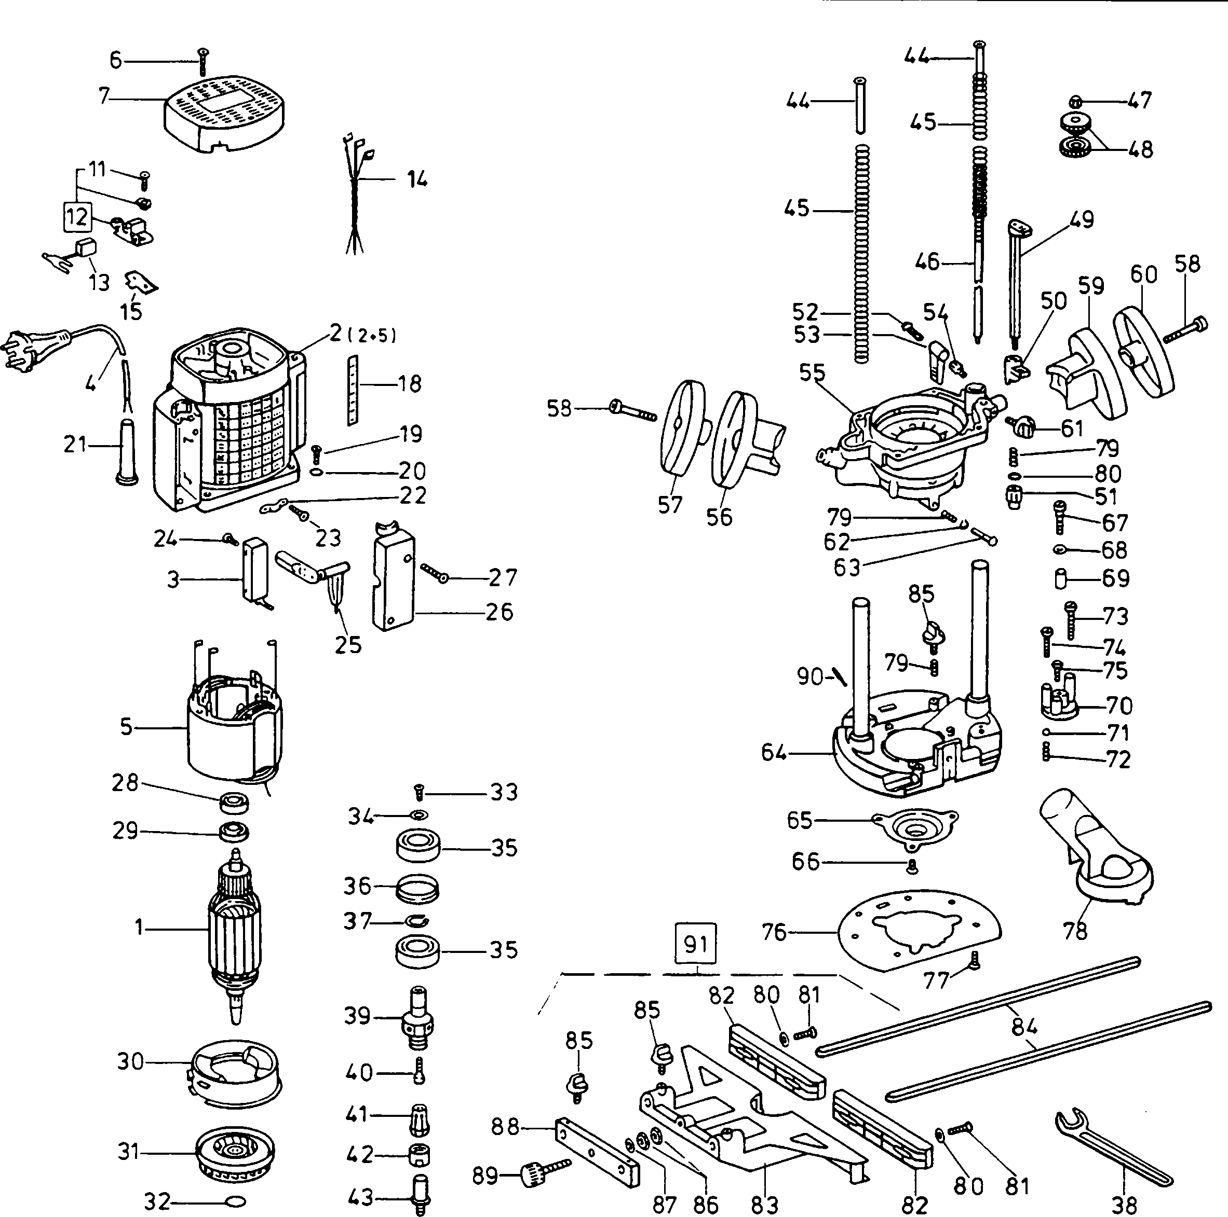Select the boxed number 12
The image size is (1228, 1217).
coord(77,217)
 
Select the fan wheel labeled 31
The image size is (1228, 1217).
coord(235,1154)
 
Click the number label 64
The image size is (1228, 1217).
coord(774,753)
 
